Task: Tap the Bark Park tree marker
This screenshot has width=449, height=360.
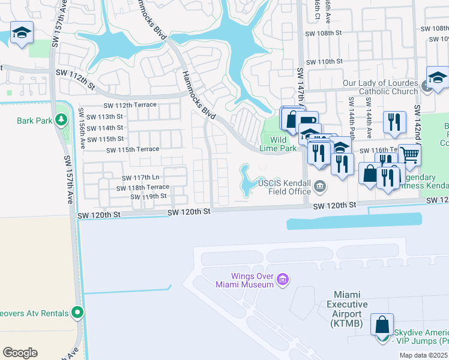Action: tap(61, 119)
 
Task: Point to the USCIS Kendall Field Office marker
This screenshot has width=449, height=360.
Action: tap(321, 186)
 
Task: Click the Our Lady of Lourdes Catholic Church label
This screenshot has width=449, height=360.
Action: tap(379, 87)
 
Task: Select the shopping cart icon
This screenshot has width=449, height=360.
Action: tap(410, 155)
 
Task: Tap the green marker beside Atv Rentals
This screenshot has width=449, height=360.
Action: tap(77, 312)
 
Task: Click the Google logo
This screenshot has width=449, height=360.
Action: tap(20, 353)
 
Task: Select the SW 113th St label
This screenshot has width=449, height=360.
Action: tap(104, 117)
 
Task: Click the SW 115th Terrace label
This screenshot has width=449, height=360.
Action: tap(133, 149)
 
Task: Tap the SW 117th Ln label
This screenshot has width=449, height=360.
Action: tap(140, 178)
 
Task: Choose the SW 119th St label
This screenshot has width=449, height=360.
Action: tap(148, 196)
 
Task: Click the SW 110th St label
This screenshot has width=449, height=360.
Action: tap(324, 61)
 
